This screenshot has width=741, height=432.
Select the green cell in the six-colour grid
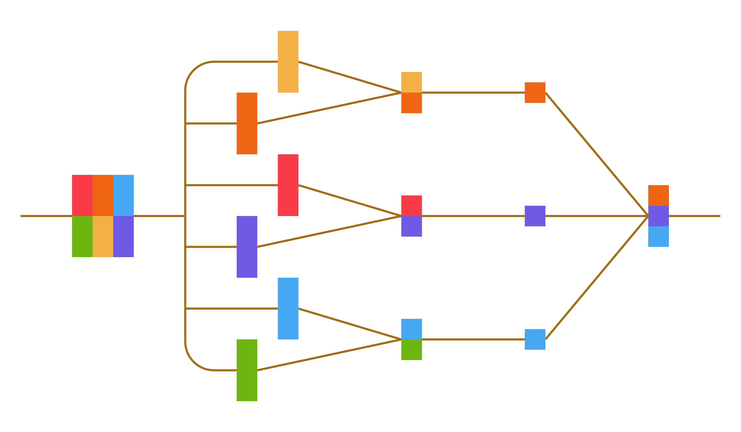pos(82,237)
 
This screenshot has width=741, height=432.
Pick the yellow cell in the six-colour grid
pos(103,237)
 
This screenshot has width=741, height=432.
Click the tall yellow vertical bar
pos(288,62)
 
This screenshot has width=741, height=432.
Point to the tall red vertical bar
pos(288,185)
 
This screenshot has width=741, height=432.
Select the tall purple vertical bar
pos(247,247)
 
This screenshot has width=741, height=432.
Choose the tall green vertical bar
pos(247,370)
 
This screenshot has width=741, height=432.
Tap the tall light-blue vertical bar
pos(288,308)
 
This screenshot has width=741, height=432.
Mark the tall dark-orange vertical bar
pos(247,124)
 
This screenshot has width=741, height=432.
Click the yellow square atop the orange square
pos(412,82)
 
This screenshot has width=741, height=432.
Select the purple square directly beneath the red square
pos(412,226)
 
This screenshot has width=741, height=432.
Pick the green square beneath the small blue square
pos(412,350)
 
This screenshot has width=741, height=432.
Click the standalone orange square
pos(535,93)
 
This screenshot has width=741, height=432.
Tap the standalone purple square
pos(535,216)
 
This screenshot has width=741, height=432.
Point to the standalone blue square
pos(535,339)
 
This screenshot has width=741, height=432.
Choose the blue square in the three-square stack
pos(659,237)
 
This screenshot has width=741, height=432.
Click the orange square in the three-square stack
pos(659,195)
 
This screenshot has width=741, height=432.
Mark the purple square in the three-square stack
pos(659,216)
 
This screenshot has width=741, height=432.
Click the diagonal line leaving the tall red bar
pos(350,200)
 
